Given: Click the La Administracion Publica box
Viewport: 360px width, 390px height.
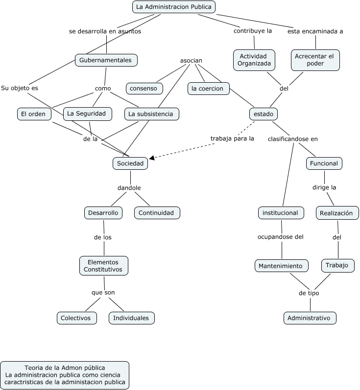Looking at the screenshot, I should click(174, 7).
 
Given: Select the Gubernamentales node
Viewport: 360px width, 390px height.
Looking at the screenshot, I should click(106, 60).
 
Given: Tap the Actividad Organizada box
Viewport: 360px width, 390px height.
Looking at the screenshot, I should click(254, 60).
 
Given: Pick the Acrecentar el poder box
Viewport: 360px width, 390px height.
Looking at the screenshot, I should click(315, 60).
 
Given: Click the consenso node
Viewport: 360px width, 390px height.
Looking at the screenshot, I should click(144, 89).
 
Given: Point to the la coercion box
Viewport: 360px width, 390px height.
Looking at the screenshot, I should click(208, 89).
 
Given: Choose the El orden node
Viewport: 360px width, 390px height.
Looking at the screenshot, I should click(34, 114).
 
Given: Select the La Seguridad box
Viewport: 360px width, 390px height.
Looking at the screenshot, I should click(88, 114).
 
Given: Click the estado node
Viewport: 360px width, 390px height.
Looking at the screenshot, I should click(264, 114).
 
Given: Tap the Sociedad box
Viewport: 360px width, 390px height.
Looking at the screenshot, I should click(130, 163).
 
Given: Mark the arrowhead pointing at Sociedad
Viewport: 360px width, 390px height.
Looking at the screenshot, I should click(152, 158).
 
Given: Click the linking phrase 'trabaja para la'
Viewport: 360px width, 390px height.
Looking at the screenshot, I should click(232, 138).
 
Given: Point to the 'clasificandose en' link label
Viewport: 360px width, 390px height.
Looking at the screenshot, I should click(293, 139).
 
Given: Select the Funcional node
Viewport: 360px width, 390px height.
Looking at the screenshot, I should click(324, 163).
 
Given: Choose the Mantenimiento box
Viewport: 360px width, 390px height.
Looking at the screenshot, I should click(282, 266).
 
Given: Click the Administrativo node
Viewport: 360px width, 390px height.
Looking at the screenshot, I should click(310, 318).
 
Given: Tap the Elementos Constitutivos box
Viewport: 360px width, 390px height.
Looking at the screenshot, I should click(104, 266).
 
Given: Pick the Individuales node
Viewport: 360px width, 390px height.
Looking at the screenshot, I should click(131, 318).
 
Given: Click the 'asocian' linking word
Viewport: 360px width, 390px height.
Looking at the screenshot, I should click(191, 61).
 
